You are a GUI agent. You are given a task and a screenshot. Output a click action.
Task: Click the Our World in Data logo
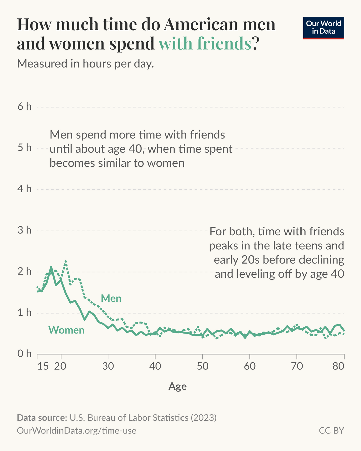(323, 28)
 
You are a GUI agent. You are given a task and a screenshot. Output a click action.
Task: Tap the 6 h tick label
(24, 107)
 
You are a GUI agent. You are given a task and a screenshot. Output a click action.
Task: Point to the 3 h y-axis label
(24, 230)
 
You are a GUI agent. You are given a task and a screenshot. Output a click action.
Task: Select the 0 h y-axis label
(24, 354)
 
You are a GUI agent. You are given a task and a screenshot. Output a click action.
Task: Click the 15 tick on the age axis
(43, 366)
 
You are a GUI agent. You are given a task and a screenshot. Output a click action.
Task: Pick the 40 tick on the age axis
(155, 366)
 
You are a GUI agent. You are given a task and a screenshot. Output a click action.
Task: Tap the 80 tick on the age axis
(338, 366)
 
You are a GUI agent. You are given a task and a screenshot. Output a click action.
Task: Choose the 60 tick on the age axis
(250, 366)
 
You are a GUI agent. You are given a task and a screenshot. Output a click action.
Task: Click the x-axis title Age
(177, 386)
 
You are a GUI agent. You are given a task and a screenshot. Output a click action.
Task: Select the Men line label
(111, 298)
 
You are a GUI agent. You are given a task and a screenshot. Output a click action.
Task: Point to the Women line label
(66, 330)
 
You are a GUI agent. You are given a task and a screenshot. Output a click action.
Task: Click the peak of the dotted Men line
(66, 261)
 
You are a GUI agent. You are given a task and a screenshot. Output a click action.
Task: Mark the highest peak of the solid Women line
(51, 267)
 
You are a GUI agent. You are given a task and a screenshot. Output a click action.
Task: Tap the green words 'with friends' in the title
(205, 44)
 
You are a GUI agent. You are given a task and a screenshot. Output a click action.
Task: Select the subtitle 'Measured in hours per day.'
(86, 63)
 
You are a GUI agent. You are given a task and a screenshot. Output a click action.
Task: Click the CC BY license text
(331, 430)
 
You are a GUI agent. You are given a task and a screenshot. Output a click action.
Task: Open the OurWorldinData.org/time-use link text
(77, 430)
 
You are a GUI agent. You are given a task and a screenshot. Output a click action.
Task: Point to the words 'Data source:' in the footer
(42, 418)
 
